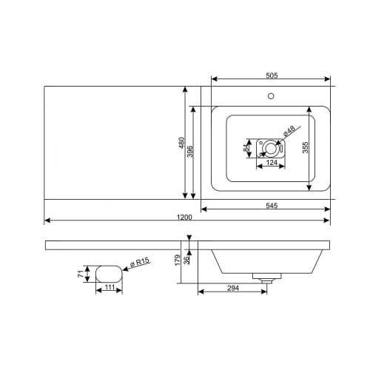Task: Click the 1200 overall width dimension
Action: click(x=184, y=217)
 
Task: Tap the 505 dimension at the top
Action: click(x=272, y=75)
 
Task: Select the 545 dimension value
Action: click(x=272, y=206)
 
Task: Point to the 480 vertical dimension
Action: click(x=181, y=143)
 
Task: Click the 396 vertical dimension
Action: click(x=190, y=152)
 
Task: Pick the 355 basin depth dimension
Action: click(x=306, y=147)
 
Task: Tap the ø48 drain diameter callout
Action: click(x=289, y=131)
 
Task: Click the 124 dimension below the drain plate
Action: click(x=272, y=163)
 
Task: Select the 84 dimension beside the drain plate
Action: click(x=246, y=148)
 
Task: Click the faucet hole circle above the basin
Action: click(x=271, y=96)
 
